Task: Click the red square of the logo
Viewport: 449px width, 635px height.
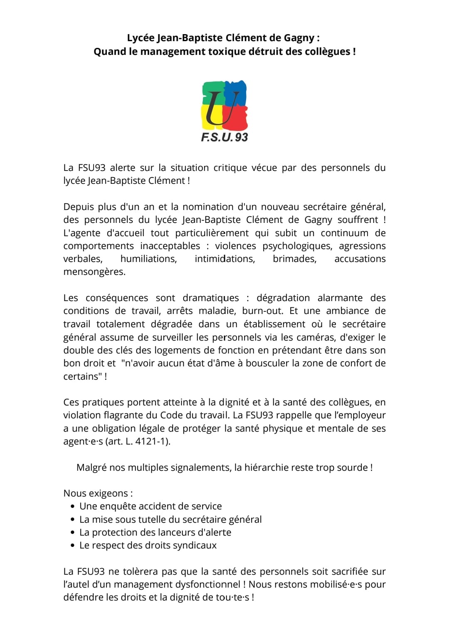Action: pos(236,117)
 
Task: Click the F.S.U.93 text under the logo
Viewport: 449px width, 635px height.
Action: pos(224,137)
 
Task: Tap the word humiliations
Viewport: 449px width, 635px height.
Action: pos(148,259)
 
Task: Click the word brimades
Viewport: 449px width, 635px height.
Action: pos(294,259)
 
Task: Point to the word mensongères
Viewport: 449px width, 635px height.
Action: pos(94,272)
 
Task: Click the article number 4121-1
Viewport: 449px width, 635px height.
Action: pos(152,442)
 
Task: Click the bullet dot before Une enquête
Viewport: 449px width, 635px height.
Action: pos(73,507)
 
